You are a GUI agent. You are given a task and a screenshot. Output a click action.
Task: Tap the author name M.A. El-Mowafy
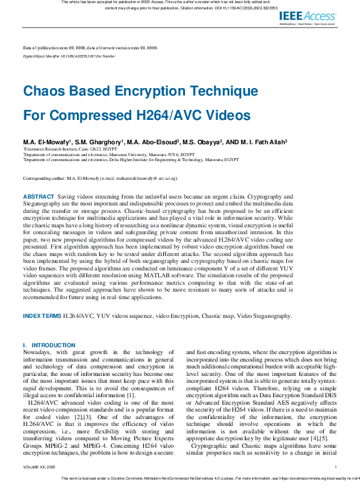tap(47, 142)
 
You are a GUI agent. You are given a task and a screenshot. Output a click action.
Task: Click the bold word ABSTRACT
tap(38, 196)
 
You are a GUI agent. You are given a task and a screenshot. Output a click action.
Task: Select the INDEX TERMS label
tap(42, 316)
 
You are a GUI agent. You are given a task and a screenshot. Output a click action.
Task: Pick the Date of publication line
tap(90, 48)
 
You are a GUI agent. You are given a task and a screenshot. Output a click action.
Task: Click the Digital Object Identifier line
tap(69, 56)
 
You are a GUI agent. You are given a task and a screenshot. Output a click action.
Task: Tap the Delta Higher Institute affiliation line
tap(131, 160)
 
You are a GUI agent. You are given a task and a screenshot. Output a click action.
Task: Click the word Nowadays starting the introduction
tap(37, 353)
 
